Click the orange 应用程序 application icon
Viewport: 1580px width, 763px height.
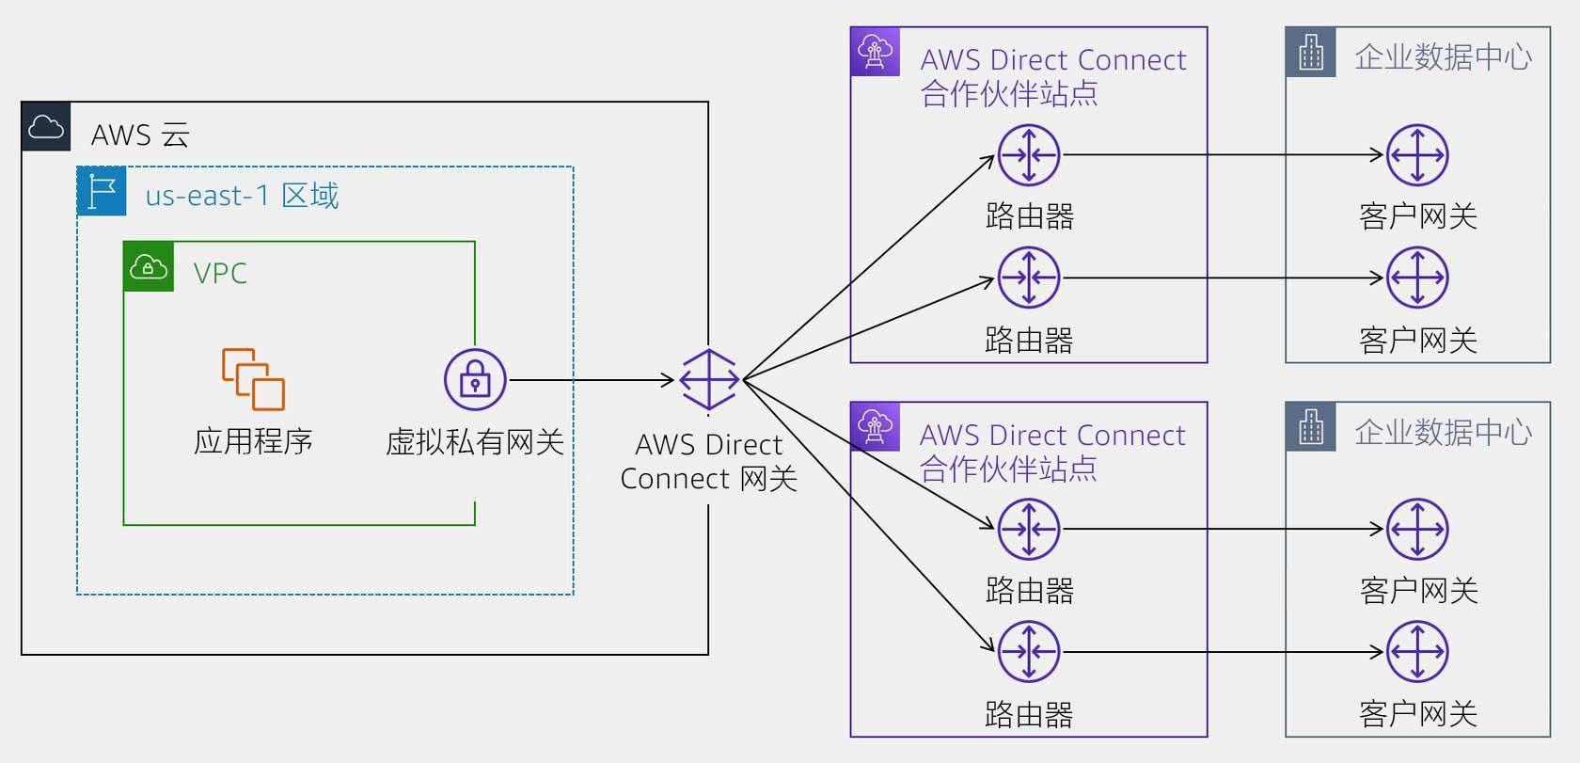point(253,379)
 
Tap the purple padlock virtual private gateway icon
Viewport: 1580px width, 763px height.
point(475,379)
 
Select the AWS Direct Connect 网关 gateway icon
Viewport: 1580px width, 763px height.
point(708,380)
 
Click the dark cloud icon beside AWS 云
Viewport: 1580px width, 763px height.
point(46,126)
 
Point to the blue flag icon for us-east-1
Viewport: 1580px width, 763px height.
point(102,192)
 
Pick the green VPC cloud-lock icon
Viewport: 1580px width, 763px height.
point(149,267)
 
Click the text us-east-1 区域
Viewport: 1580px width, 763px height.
point(242,196)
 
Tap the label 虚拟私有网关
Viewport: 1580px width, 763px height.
point(475,441)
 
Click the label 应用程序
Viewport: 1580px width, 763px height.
point(253,441)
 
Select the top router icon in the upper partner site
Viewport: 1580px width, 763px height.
point(1029,155)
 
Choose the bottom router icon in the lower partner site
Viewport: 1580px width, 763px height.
point(1029,652)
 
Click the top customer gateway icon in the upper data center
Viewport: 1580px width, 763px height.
point(1417,155)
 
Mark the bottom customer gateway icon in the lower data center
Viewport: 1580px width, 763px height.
point(1417,652)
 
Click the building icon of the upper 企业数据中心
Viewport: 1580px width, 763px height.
point(1311,53)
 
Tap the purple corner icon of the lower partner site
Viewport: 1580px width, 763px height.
point(875,427)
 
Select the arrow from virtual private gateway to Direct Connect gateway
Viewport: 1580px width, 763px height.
point(592,380)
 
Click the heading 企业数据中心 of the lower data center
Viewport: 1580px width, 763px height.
point(1443,433)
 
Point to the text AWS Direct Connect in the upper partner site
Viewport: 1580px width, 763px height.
point(1053,60)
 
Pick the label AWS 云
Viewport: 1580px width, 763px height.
point(140,135)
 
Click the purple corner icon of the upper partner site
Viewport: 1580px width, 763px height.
point(876,52)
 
